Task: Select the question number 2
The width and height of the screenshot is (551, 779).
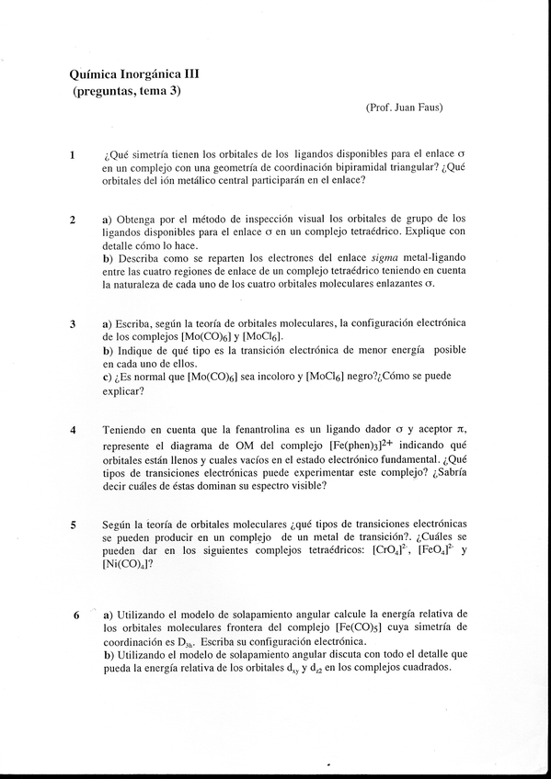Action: tap(72, 220)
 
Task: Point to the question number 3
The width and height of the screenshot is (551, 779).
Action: tap(72, 325)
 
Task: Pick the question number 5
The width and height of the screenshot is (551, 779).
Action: tap(72, 525)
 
